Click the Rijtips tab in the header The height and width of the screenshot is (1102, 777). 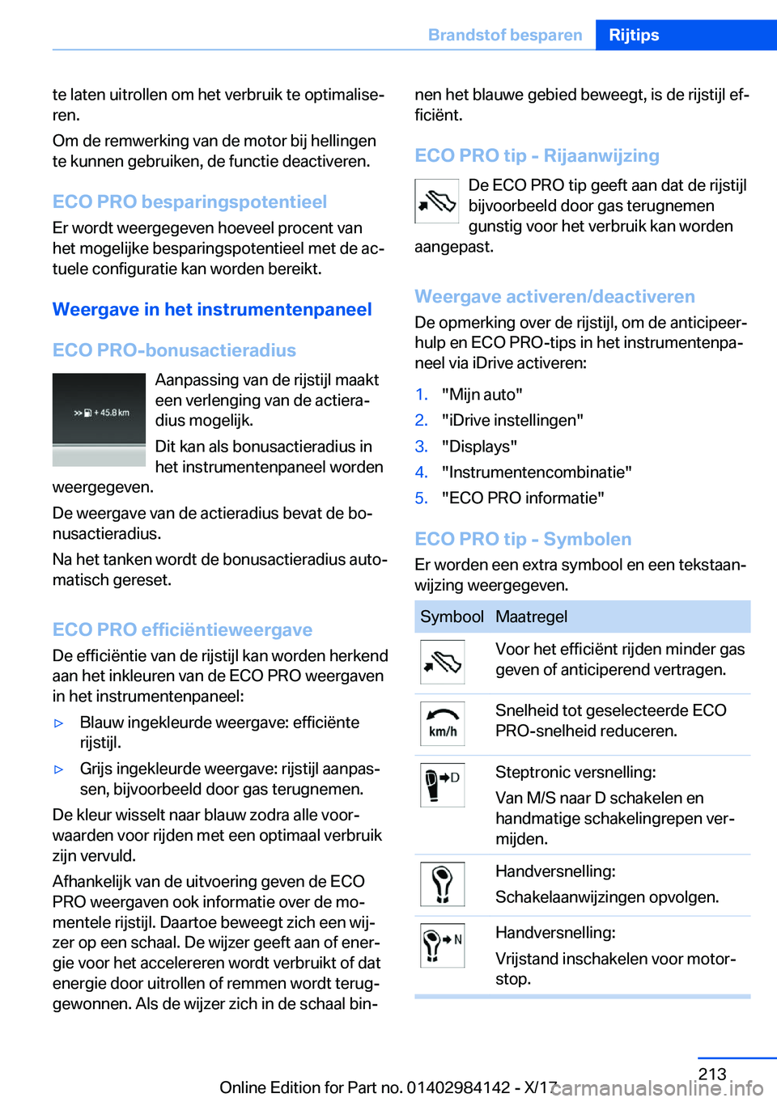pos(634,35)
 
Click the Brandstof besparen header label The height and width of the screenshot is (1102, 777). pos(505,35)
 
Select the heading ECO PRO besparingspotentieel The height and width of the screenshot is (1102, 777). pos(189,201)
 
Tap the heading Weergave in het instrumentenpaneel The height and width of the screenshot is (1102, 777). pos(212,309)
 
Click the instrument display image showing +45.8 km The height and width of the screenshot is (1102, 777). pos(99,419)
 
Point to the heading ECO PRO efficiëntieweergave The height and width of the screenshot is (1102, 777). pos(182,629)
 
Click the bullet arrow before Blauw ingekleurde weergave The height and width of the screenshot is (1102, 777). pos(58,723)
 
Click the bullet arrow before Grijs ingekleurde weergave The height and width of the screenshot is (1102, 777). pos(58,769)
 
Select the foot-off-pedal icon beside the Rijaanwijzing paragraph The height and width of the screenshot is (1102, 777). pos(437,201)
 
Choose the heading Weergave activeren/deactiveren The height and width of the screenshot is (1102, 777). pos(554,296)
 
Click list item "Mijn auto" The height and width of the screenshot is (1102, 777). pos(482,394)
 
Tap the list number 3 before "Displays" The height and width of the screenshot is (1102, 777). pos(421,446)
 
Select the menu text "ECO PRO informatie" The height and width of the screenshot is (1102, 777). pos(523,498)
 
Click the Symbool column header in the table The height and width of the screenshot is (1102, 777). pos(452,617)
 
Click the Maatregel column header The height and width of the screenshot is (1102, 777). pos(531,617)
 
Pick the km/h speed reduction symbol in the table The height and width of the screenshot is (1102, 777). pos(442,723)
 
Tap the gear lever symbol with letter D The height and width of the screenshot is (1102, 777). pos(442,785)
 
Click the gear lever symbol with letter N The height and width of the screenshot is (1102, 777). pos(442,945)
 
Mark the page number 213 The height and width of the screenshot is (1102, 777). pos(712,1074)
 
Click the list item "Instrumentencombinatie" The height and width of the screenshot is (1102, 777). pos(537,472)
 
